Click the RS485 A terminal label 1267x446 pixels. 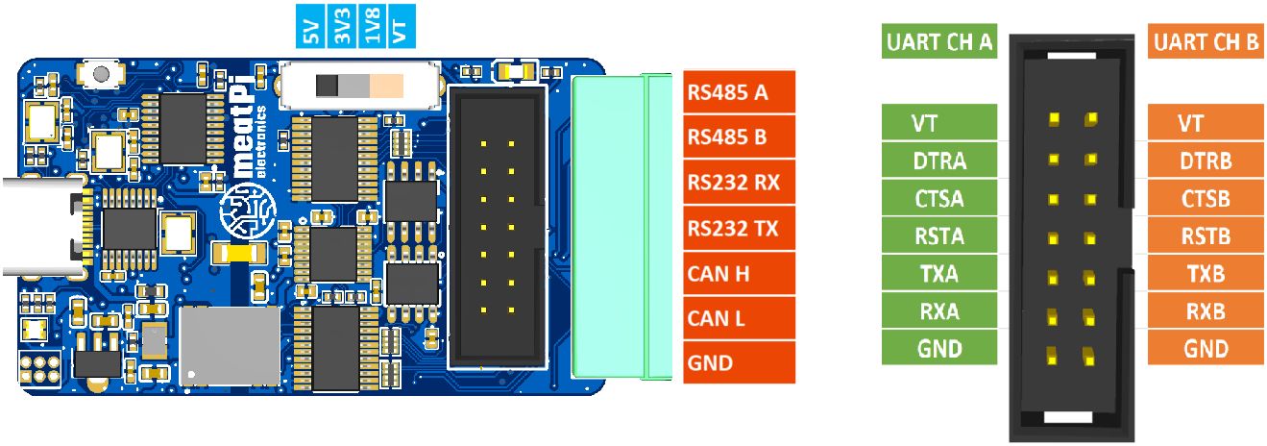pyautogui.click(x=739, y=93)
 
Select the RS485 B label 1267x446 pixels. pyautogui.click(x=739, y=137)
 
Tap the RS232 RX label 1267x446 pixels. pyautogui.click(x=739, y=183)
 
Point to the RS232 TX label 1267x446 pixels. pyautogui.click(x=739, y=229)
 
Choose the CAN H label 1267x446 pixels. pyautogui.click(x=739, y=274)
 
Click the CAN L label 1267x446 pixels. pyautogui.click(x=739, y=318)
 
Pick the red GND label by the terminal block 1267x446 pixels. pyautogui.click(x=739, y=363)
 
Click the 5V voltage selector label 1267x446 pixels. pyautogui.click(x=309, y=28)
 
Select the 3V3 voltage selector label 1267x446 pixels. pyautogui.click(x=340, y=28)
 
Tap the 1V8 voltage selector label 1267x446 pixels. pyautogui.click(x=371, y=28)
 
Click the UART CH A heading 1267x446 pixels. pyautogui.click(x=939, y=42)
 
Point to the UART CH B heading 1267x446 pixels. pyautogui.click(x=1206, y=42)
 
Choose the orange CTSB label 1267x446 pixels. pyautogui.click(x=1206, y=199)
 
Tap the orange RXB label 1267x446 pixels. pyautogui.click(x=1206, y=311)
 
